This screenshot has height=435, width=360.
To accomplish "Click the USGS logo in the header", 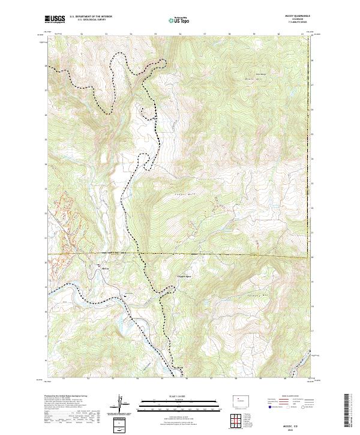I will click(x=55, y=19).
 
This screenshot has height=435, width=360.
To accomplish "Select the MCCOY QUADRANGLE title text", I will click(x=298, y=17).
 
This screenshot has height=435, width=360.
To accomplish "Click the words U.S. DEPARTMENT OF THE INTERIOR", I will click(x=90, y=17).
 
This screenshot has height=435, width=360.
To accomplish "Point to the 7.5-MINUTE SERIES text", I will click(x=298, y=24).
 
